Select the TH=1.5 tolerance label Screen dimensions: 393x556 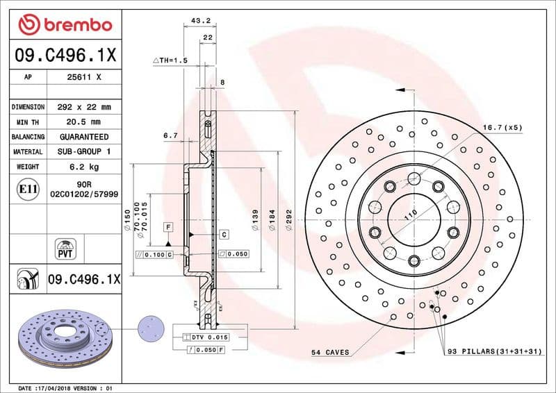pos(171,61)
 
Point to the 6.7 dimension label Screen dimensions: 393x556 pos(171,136)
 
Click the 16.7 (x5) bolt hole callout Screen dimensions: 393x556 pos(502,128)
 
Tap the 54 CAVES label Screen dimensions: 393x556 pos(329,353)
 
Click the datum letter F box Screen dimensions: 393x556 pos(168,227)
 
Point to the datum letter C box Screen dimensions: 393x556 pos(224,235)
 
